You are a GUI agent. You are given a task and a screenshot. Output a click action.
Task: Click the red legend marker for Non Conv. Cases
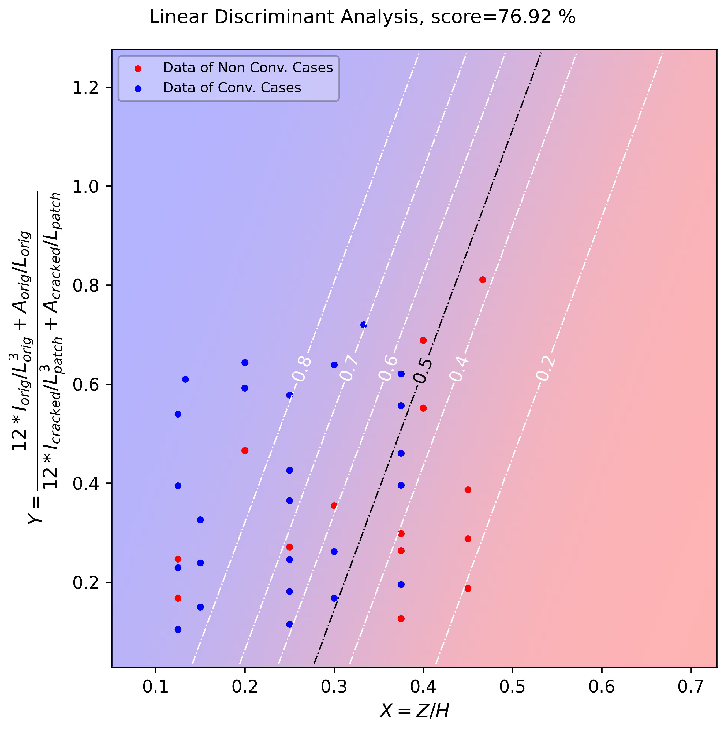pyautogui.click(x=138, y=69)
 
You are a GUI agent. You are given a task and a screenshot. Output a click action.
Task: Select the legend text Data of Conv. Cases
pyautogui.click(x=232, y=88)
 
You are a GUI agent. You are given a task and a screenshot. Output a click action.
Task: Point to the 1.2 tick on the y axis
pyautogui.click(x=85, y=88)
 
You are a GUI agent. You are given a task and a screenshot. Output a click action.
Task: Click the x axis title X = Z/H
pyautogui.click(x=414, y=711)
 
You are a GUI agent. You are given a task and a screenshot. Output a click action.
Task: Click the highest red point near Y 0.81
pyautogui.click(x=483, y=280)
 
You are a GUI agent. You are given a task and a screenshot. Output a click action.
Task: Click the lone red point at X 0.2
pyautogui.click(x=245, y=451)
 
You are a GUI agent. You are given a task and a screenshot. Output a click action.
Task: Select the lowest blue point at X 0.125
pyautogui.click(x=178, y=629)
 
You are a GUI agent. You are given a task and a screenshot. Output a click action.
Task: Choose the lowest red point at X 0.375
pyautogui.click(x=401, y=618)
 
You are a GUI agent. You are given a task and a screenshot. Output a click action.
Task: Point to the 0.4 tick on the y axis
pyautogui.click(x=85, y=483)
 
